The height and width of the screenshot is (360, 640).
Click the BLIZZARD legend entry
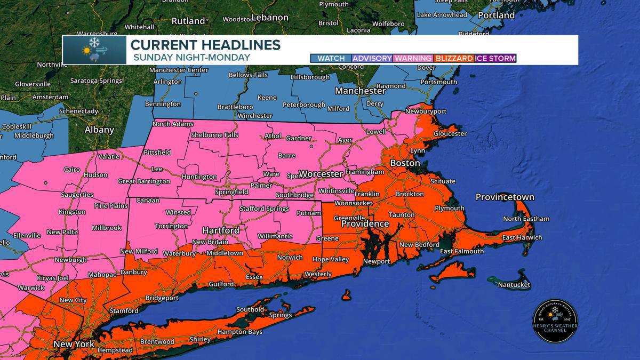[454, 58]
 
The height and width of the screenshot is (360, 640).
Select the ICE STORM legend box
[495, 58]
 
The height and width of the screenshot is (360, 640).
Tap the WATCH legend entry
[331, 58]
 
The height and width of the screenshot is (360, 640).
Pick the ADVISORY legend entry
[372, 58]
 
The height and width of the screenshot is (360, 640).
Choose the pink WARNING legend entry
[413, 58]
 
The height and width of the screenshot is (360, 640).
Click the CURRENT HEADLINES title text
[206, 44]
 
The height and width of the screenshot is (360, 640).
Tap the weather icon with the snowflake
[94, 50]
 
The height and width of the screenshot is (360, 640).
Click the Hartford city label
[220, 230]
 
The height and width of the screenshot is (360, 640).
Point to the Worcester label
[320, 174]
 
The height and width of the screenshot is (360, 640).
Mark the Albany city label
[99, 130]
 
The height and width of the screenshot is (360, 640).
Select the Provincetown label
[505, 197]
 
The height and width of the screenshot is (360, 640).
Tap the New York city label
[74, 345]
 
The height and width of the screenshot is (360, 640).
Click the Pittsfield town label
[157, 152]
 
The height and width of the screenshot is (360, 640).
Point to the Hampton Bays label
[239, 332]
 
